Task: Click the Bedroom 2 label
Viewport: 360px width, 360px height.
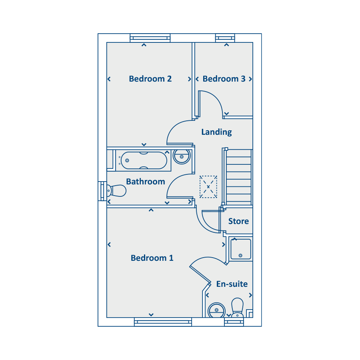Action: click(x=150, y=79)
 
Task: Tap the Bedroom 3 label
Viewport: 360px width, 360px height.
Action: click(x=224, y=79)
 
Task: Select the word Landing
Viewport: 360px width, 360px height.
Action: click(x=216, y=132)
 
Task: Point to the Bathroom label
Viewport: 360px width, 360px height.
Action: click(x=146, y=182)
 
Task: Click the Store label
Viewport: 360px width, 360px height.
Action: click(x=238, y=221)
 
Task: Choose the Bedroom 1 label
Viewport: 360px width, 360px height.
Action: click(x=152, y=258)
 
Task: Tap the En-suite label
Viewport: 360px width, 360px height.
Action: click(x=232, y=284)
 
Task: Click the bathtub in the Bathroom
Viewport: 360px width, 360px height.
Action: click(x=144, y=160)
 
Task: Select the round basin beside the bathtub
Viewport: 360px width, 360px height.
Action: click(x=182, y=156)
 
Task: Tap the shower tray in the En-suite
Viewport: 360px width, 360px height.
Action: click(x=241, y=249)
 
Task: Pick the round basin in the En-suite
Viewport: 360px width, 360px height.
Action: click(x=216, y=310)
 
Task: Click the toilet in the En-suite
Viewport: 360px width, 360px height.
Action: click(x=237, y=308)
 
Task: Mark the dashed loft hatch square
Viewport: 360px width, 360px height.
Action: click(x=208, y=187)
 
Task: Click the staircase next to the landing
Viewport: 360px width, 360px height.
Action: click(x=239, y=177)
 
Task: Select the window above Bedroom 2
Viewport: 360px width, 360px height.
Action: click(x=150, y=38)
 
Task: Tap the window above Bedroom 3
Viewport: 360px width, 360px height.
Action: click(x=225, y=38)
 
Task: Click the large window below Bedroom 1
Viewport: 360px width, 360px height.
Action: click(x=163, y=322)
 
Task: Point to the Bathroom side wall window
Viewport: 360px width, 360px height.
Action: click(x=102, y=191)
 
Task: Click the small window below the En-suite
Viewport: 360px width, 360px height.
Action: click(x=234, y=322)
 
